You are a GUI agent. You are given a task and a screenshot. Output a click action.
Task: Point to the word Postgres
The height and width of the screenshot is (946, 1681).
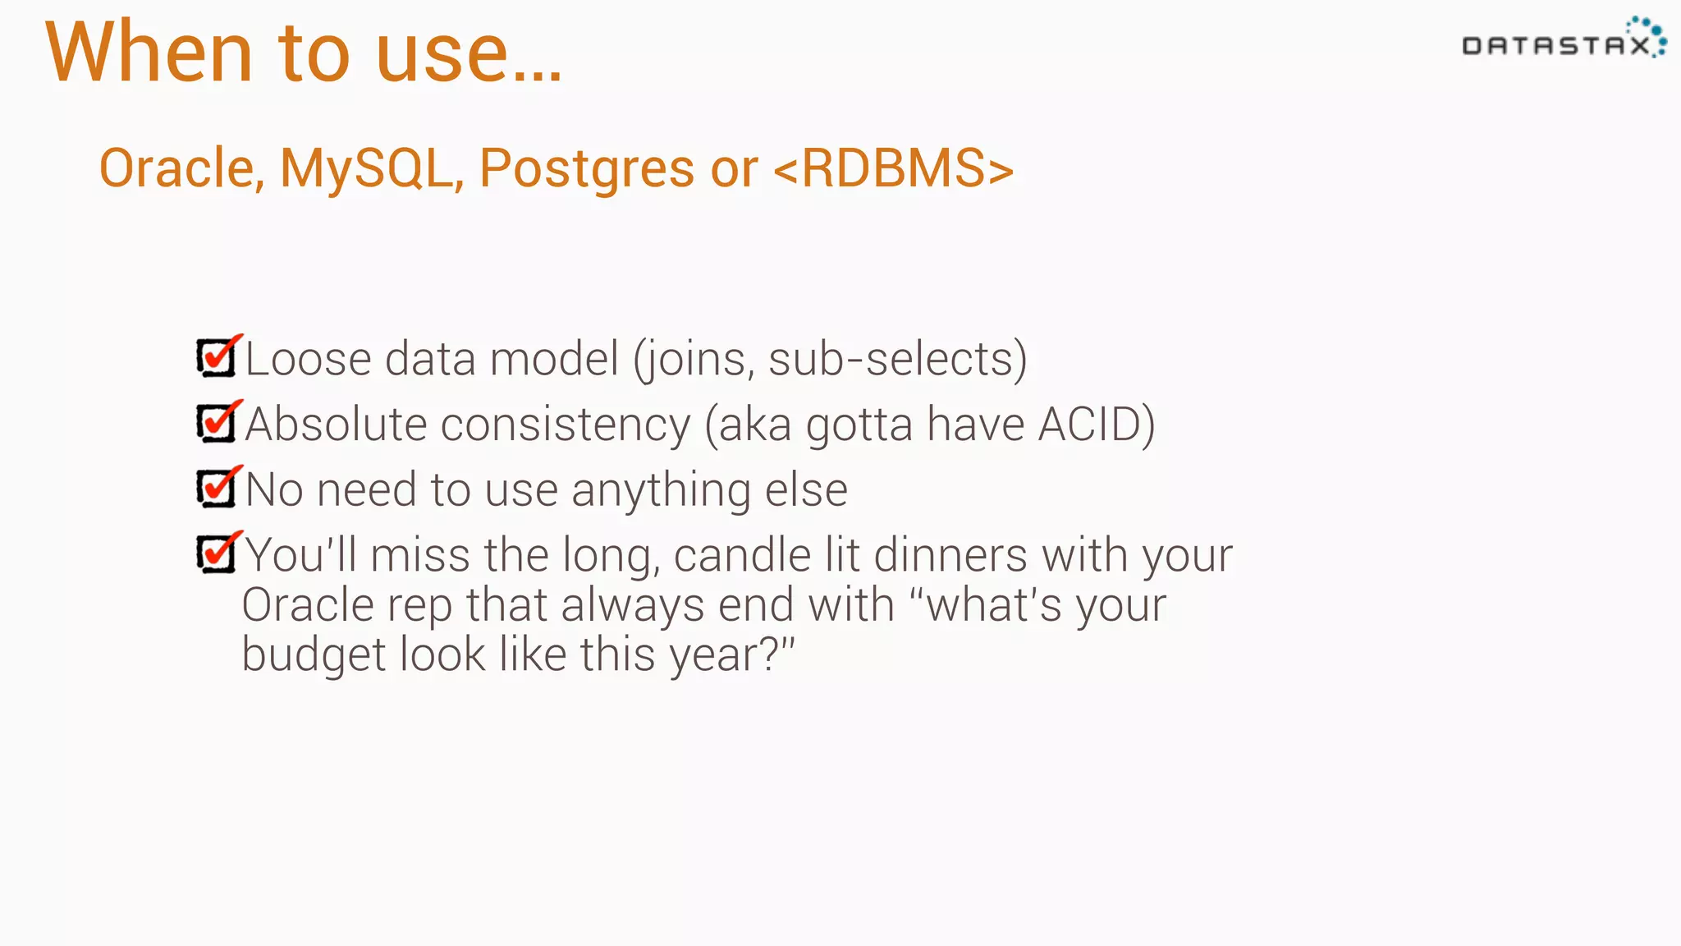tap(586, 170)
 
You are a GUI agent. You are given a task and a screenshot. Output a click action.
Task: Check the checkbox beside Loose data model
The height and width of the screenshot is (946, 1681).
tap(218, 358)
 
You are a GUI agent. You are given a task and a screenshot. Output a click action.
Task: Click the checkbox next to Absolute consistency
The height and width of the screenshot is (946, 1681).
tap(218, 424)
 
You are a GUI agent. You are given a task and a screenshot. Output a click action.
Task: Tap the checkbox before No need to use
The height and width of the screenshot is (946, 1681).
tap(218, 489)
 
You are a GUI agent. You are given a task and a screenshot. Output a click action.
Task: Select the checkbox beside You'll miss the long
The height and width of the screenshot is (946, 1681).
tap(218, 554)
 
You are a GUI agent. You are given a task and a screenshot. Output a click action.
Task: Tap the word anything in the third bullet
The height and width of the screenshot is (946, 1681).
tap(661, 490)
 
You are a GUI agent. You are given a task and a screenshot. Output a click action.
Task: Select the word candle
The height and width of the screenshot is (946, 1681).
tap(742, 555)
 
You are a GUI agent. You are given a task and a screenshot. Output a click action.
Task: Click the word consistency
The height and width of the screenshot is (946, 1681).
tap(566, 425)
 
